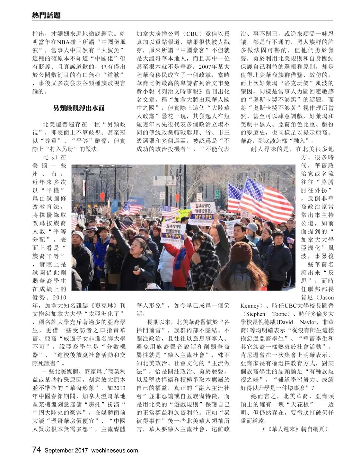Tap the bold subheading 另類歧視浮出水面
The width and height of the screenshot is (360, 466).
point(79,108)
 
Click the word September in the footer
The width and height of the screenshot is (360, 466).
point(58,450)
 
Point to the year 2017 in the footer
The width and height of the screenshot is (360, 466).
point(82,450)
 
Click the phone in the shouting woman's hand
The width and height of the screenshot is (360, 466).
point(136,267)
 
